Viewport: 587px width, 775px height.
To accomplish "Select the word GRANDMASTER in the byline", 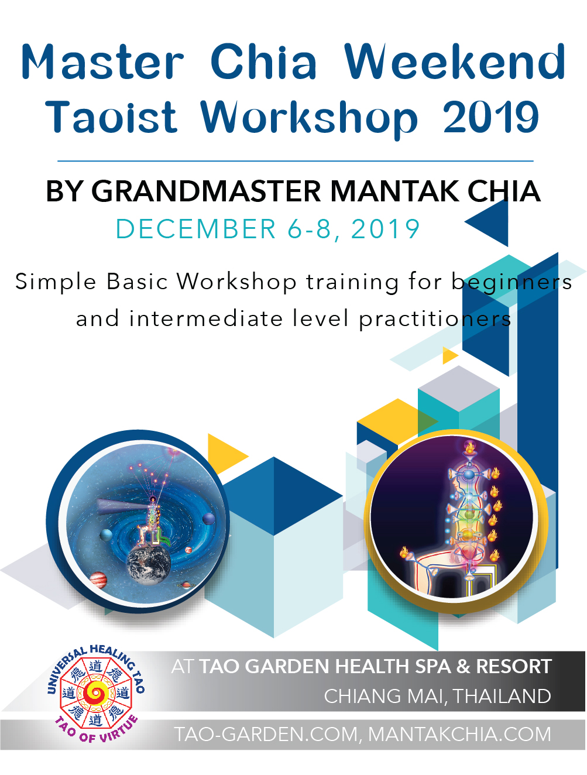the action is [x=207, y=191].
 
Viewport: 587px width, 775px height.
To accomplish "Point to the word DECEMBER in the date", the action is [x=196, y=229].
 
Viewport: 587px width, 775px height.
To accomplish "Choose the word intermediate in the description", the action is [x=206, y=318].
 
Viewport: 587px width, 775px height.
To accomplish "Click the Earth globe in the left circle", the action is [x=149, y=564].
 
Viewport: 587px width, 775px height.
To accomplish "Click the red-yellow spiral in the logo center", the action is [x=95, y=692].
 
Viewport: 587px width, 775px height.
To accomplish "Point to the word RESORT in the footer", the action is [x=514, y=666].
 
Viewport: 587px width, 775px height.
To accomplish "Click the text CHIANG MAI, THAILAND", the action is [x=437, y=696].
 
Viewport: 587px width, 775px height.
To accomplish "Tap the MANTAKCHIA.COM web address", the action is [x=459, y=734].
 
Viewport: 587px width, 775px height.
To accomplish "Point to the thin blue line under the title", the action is [x=295, y=161].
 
